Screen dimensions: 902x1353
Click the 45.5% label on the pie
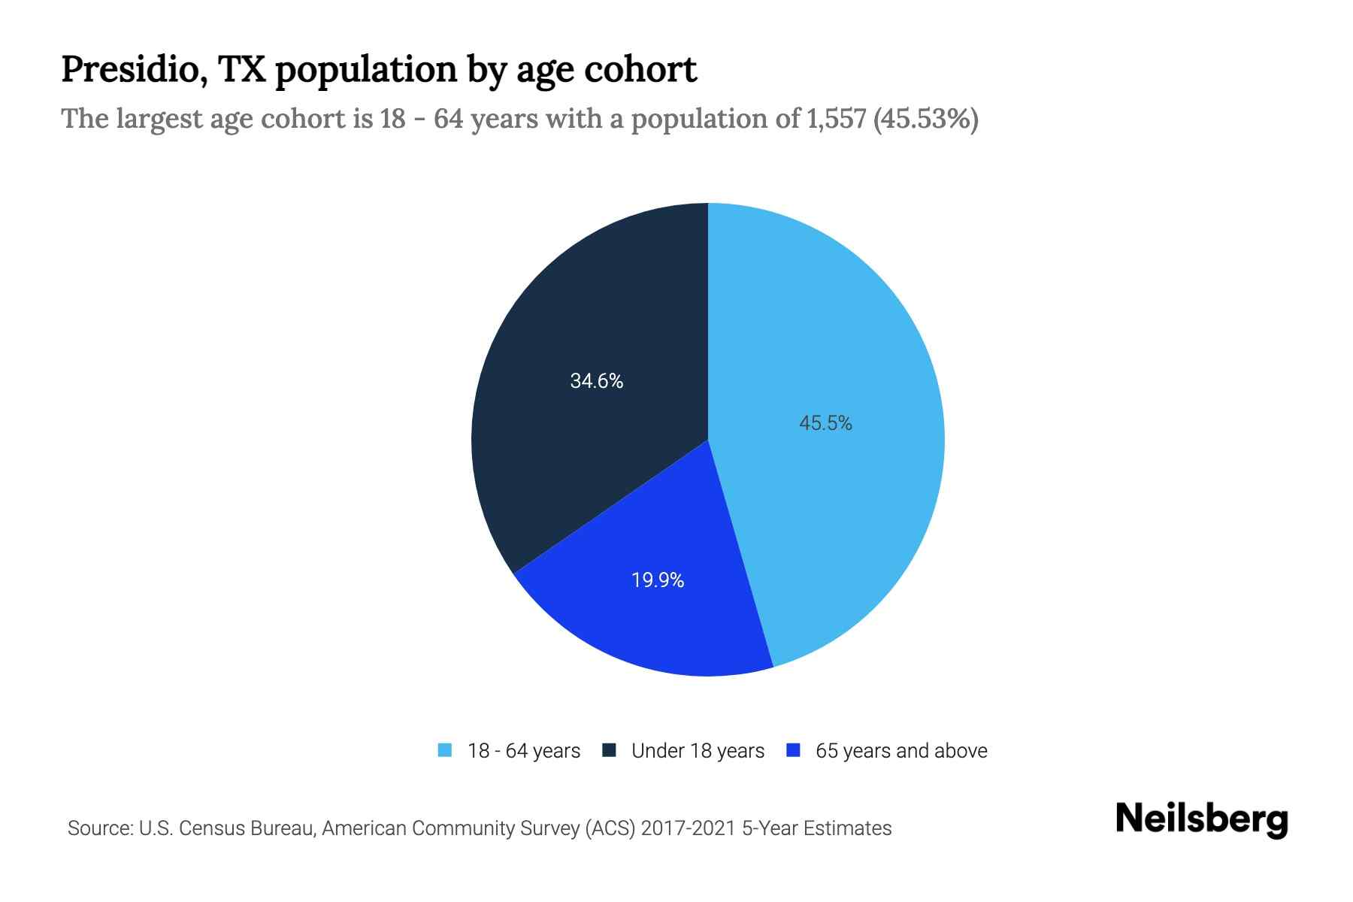tap(825, 423)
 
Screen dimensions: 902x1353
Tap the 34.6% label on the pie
tap(596, 381)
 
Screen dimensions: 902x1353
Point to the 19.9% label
tap(658, 580)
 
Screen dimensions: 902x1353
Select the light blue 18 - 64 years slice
tap(842, 338)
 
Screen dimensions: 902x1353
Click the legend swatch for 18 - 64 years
tap(445, 750)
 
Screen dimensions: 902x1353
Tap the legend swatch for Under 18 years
tap(610, 750)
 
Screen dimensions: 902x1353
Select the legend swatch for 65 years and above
tap(793, 750)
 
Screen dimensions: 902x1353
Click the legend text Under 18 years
tap(698, 751)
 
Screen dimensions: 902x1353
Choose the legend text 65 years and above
tap(901, 751)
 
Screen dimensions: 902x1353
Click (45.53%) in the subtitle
tap(926, 119)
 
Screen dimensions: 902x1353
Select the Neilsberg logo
tap(1202, 819)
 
